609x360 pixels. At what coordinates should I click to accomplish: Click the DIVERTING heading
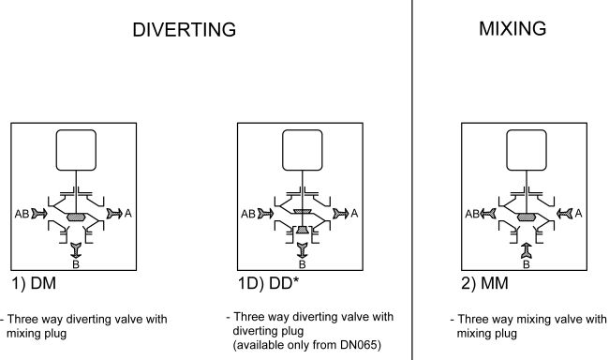184,30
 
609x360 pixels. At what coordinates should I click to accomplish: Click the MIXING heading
512,28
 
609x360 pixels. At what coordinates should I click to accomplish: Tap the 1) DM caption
34,283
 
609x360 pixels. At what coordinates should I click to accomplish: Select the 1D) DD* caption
268,283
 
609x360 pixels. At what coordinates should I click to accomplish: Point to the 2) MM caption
484,283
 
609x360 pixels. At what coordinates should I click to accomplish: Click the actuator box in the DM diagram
76,150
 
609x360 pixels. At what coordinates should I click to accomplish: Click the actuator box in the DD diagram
303,150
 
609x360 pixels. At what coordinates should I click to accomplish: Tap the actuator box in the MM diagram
527,150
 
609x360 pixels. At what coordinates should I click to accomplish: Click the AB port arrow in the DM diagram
39,214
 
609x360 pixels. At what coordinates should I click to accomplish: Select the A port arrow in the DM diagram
114,214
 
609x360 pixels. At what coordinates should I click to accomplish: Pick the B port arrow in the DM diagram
76,250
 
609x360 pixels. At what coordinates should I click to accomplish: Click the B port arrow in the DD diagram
303,250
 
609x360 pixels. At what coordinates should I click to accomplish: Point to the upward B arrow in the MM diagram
527,250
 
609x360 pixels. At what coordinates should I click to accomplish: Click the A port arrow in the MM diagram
565,214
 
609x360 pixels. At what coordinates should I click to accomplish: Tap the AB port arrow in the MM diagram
488,214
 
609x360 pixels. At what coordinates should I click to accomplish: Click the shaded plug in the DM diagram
76,217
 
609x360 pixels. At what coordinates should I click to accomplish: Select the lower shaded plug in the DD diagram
303,230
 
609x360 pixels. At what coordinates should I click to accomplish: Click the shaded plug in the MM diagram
527,217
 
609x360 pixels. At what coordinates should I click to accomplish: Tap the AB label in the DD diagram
248,214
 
